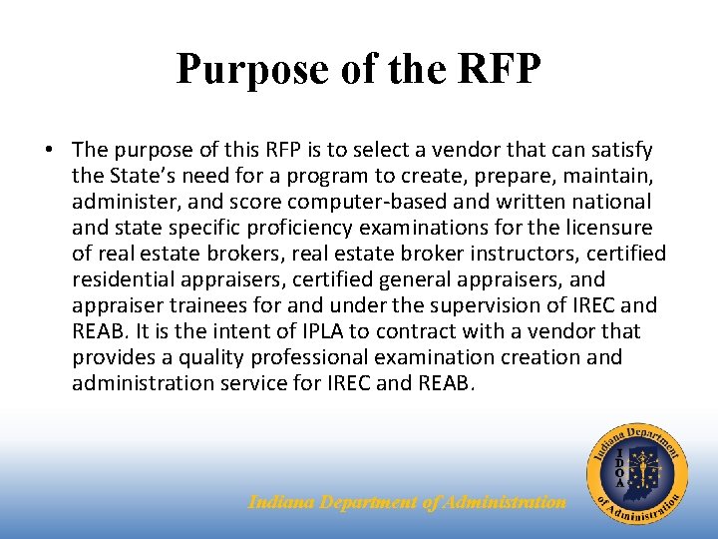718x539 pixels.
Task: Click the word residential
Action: (123, 279)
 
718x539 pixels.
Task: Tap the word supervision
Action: (479, 305)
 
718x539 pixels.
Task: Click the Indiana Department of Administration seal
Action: (636, 470)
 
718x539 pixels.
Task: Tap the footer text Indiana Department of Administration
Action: (407, 503)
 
